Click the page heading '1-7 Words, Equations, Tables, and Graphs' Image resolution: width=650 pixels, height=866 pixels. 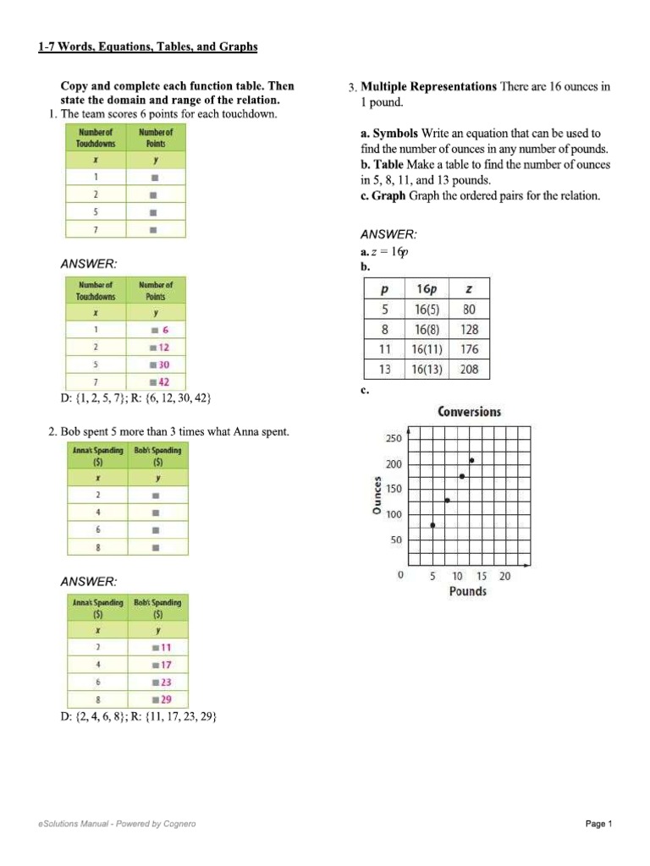click(147, 47)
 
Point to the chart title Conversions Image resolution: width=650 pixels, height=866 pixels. click(469, 412)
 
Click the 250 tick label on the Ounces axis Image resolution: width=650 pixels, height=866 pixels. click(394, 439)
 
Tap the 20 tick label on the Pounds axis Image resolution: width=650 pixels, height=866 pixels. click(504, 576)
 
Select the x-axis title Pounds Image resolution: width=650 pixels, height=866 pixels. click(467, 591)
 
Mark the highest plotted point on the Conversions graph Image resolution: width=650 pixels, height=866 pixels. click(471, 460)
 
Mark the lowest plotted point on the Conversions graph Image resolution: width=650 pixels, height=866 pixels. click(433, 525)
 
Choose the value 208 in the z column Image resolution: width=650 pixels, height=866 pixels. click(469, 370)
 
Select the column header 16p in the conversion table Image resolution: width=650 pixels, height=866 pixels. click(427, 288)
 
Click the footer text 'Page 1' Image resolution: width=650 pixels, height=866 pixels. click(598, 824)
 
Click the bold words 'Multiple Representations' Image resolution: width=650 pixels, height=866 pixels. click(428, 87)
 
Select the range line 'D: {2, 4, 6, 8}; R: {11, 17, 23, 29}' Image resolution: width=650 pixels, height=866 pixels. click(139, 716)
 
